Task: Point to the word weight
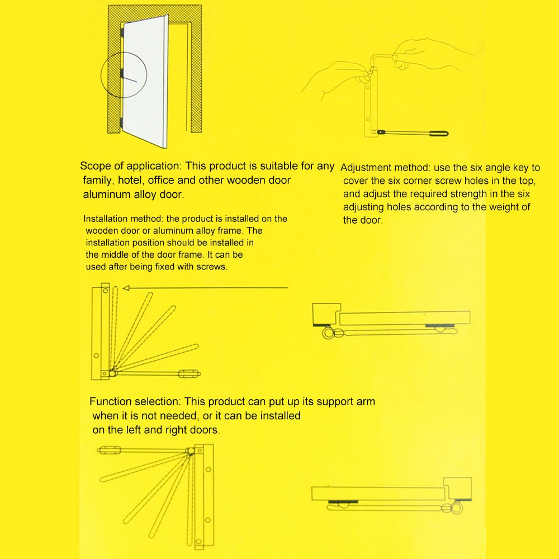click(x=502, y=207)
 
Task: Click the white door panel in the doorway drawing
click(x=145, y=84)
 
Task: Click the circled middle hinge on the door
click(x=121, y=73)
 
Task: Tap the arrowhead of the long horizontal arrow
click(x=126, y=288)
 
